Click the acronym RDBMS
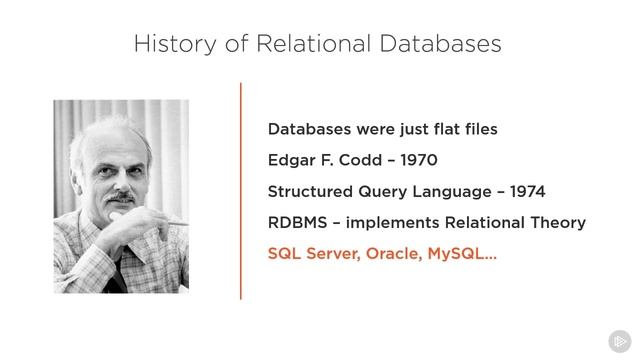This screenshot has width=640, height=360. tap(296, 222)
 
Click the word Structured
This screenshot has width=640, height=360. tap(312, 191)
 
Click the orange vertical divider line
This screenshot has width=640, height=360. tap(241, 190)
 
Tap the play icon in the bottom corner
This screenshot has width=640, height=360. tap(619, 339)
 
